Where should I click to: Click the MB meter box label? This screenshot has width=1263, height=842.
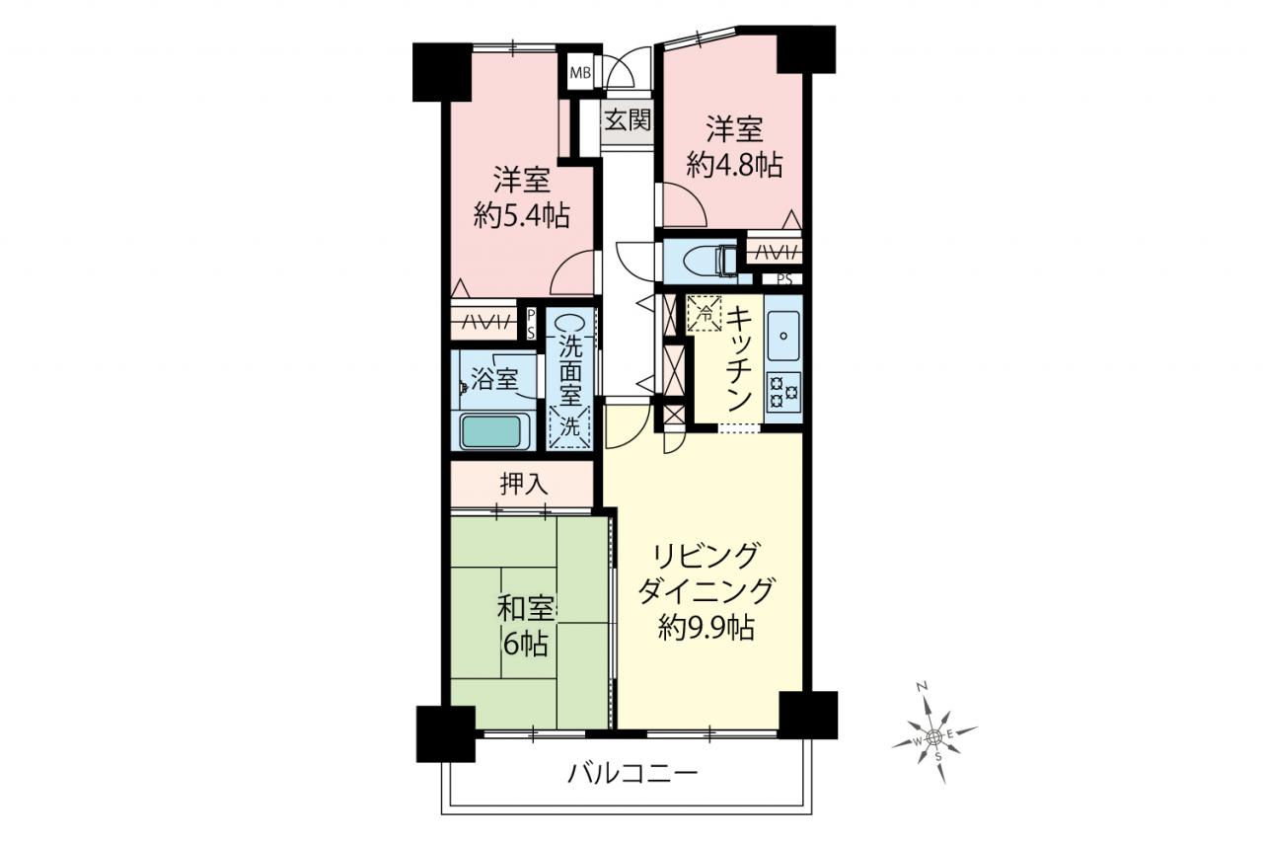tap(580, 73)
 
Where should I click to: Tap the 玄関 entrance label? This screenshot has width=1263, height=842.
tap(629, 120)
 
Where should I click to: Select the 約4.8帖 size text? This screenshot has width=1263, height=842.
tap(734, 166)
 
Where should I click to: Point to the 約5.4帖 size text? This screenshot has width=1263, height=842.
tap(522, 215)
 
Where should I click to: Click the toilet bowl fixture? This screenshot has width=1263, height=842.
tap(709, 262)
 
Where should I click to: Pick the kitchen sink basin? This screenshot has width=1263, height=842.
tap(783, 335)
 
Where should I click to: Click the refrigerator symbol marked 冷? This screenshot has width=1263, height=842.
tap(705, 314)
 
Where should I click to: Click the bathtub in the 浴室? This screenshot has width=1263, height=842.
tap(494, 431)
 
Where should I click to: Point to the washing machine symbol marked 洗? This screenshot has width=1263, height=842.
tap(569, 426)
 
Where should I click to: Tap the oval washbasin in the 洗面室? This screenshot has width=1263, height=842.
tap(569, 324)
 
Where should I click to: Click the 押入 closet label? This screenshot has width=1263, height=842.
tap(524, 485)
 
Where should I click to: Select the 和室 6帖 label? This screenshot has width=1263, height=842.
tap(524, 627)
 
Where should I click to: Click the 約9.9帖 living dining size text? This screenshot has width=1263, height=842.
tap(706, 627)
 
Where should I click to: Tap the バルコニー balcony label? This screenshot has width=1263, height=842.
tap(632, 773)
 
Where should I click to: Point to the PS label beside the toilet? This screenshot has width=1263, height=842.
tap(784, 279)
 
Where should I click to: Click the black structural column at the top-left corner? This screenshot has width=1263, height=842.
tap(441, 72)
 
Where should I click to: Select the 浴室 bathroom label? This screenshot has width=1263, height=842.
tap(494, 379)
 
